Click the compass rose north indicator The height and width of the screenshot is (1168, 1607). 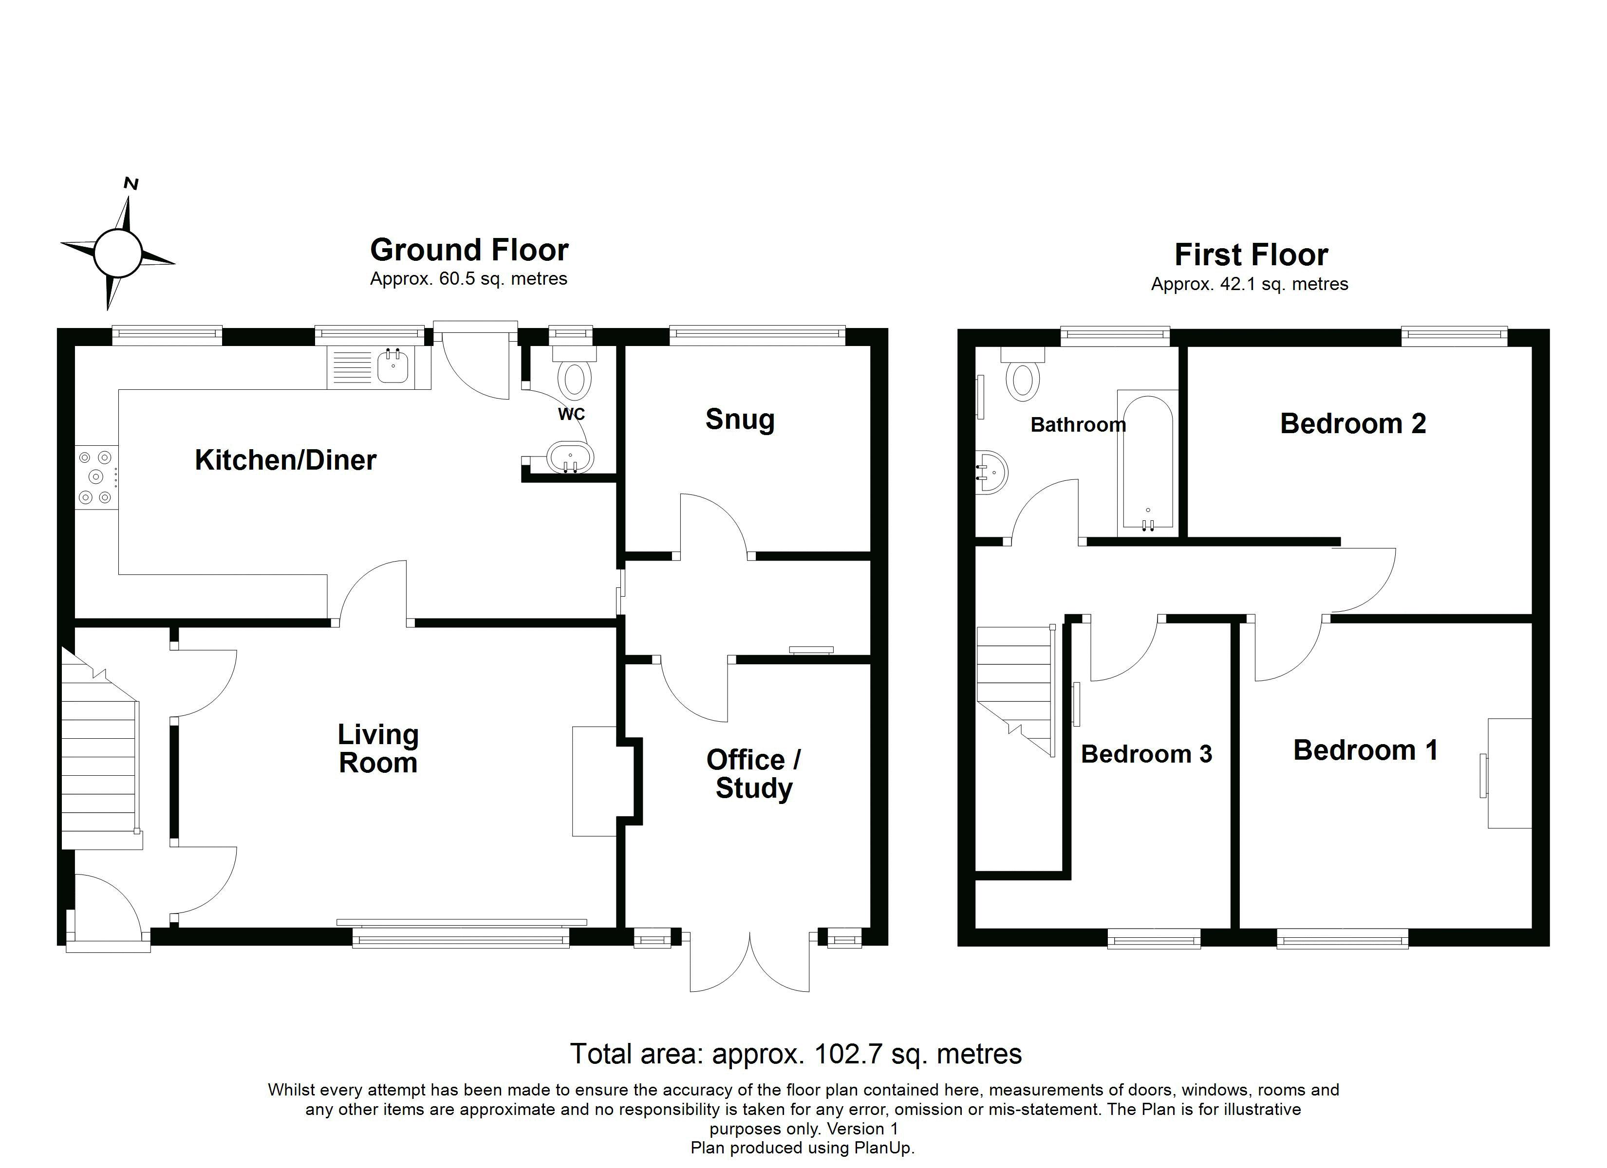(x=131, y=184)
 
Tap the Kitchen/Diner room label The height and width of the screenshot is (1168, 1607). (x=285, y=460)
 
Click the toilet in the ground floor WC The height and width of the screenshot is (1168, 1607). (x=574, y=372)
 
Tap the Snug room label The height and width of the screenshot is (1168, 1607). (x=740, y=420)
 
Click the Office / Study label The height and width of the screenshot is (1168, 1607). (x=754, y=774)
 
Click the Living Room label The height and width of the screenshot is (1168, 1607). (x=378, y=748)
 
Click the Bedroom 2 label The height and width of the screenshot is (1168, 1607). (x=1353, y=423)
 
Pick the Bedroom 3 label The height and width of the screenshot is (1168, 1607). (x=1146, y=754)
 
